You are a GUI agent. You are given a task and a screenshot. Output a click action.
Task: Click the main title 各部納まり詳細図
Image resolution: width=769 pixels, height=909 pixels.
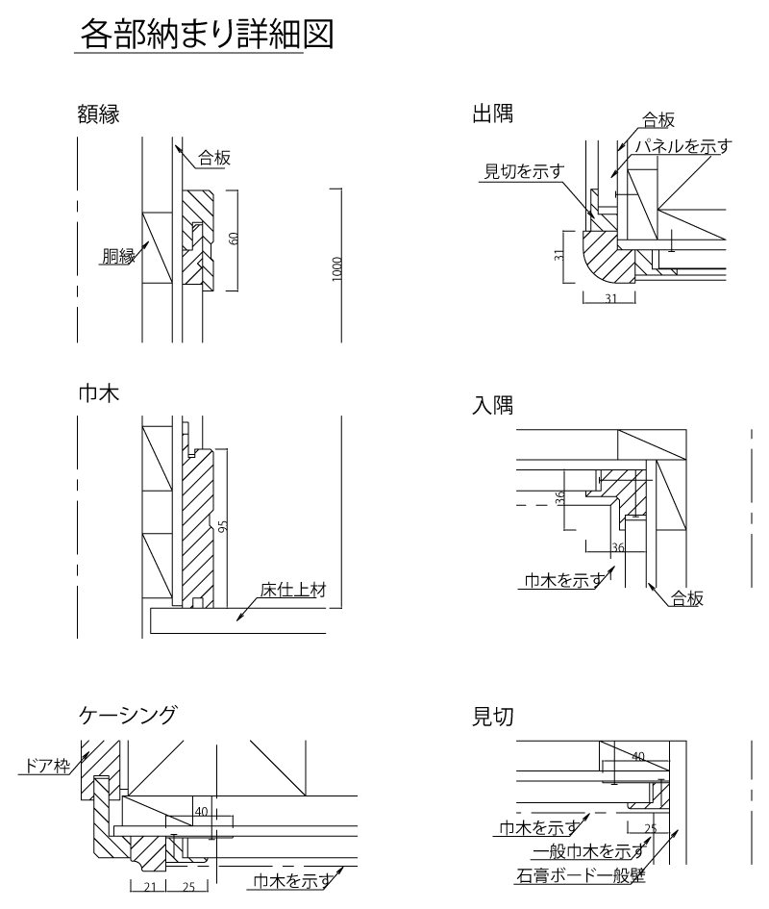click(x=207, y=37)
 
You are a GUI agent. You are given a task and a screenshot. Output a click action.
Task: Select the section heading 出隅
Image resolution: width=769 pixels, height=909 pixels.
click(x=491, y=114)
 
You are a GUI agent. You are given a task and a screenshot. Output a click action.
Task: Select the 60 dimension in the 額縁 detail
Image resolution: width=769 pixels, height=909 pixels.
click(x=233, y=238)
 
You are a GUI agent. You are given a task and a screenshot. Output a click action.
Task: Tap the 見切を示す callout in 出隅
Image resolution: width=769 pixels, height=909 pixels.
click(x=522, y=171)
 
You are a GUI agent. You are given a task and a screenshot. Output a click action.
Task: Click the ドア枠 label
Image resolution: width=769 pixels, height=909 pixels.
click(x=40, y=766)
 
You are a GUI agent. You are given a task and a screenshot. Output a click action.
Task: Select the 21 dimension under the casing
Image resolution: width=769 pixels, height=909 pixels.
click(x=149, y=888)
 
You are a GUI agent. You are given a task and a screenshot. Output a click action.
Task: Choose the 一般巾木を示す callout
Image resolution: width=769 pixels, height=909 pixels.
click(x=587, y=851)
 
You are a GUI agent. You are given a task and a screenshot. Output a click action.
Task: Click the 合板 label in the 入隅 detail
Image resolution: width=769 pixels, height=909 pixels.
click(x=687, y=599)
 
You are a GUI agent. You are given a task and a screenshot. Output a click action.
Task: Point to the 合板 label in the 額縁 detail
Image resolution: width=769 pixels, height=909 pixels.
click(x=214, y=158)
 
